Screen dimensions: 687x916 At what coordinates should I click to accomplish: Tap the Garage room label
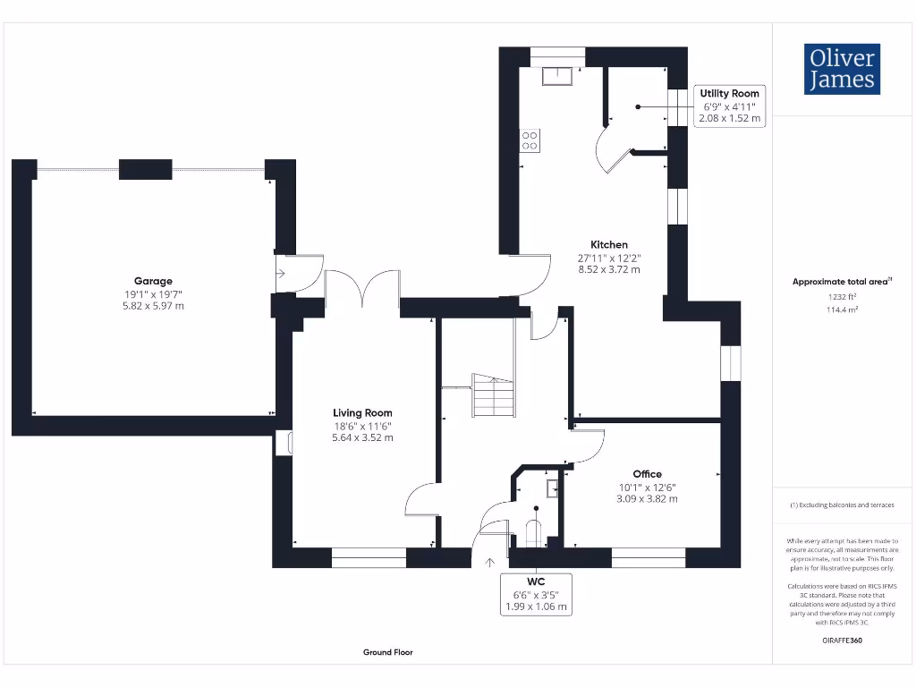[153, 281]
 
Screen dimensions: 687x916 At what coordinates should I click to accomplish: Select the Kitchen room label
[609, 244]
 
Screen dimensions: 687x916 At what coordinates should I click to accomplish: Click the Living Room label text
[362, 413]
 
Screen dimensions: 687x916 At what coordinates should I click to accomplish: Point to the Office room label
[647, 474]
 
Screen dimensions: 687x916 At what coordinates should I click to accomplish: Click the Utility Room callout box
[730, 106]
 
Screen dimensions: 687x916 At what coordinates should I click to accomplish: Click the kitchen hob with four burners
[530, 140]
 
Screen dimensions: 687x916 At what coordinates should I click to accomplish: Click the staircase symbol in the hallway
[493, 394]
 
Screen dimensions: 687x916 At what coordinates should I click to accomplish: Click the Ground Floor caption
[388, 653]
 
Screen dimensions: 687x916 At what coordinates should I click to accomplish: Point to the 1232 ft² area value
[841, 296]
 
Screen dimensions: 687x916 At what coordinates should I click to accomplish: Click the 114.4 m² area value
[841, 310]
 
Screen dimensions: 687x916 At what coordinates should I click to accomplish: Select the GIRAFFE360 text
[841, 640]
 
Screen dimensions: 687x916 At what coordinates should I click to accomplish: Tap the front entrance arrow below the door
[489, 563]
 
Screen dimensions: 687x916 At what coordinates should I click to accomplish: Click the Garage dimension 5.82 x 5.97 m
[153, 306]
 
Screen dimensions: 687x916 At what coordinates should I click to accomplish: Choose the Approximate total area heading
[839, 282]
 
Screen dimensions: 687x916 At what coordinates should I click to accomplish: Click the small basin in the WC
[553, 488]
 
